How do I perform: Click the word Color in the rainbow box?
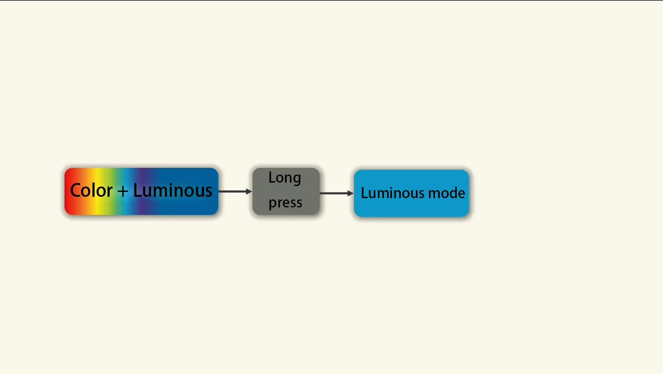point(91,191)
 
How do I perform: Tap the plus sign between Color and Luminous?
point(123,191)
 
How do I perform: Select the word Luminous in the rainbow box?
point(172,191)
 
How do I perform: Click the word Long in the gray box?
point(285,178)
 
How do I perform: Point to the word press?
point(285,203)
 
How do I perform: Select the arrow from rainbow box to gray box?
point(235,191)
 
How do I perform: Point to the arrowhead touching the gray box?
point(249,191)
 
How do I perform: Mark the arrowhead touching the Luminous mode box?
point(351,193)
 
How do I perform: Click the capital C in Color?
point(76,191)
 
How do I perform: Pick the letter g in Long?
point(296,179)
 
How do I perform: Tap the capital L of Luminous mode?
point(364,193)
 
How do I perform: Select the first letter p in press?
point(272,203)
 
